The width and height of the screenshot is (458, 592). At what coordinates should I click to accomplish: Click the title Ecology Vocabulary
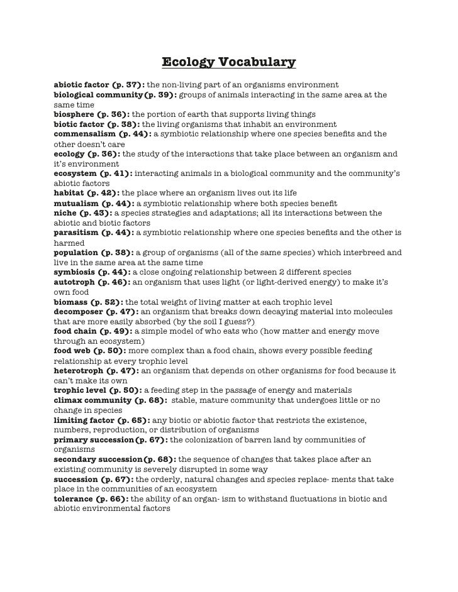tap(228, 63)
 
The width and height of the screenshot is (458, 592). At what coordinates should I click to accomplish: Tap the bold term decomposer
tap(79, 311)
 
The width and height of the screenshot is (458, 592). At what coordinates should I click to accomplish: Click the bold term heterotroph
tap(79, 370)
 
